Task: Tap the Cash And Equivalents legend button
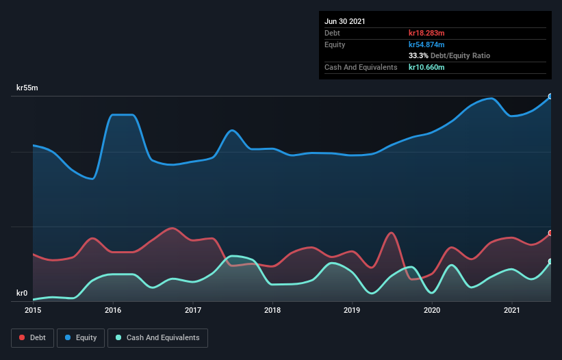[x=157, y=337]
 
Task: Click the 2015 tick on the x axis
[x=33, y=310]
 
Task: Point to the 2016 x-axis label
[x=113, y=310]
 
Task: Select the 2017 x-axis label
[x=193, y=310]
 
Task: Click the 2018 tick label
[x=272, y=310]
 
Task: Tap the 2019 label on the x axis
[x=353, y=310]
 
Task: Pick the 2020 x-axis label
[x=432, y=310]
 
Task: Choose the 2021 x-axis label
[x=512, y=310]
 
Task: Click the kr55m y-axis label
[x=27, y=88]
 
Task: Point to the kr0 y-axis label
[x=22, y=293]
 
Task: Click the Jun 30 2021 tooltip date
[x=345, y=21]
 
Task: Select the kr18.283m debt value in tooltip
[x=426, y=33]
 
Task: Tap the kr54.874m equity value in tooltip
[x=426, y=44]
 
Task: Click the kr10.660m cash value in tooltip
[x=426, y=67]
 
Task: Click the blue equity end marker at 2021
[x=550, y=97]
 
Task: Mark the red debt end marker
[x=550, y=233]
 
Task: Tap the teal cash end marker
[x=550, y=261]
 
